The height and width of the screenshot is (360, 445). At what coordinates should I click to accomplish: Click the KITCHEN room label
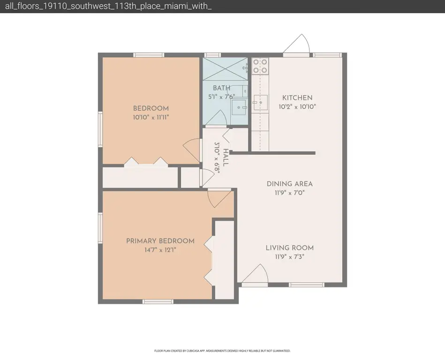297,98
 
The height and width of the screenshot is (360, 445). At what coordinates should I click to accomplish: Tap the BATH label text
221,88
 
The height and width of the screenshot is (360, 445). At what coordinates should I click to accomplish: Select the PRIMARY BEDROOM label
160,241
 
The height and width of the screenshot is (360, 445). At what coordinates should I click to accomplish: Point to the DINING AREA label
289,184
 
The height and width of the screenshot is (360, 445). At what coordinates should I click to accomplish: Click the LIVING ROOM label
289,248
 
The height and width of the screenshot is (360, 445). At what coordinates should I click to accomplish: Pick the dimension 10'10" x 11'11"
151,117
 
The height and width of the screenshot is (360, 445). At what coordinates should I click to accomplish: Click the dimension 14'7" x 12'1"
160,250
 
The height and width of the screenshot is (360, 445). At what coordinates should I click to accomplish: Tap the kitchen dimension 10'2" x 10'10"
297,107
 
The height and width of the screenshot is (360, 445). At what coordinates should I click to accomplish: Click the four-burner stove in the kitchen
260,66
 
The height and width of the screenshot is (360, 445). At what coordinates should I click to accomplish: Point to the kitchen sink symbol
260,102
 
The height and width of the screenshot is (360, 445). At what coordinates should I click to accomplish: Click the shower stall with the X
225,69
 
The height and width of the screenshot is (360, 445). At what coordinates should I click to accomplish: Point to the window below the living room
307,285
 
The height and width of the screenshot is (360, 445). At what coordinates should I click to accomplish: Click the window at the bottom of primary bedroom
158,301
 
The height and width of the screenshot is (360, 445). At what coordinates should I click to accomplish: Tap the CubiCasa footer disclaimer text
222,351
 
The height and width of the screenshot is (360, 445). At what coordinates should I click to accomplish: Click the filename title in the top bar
108,6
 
